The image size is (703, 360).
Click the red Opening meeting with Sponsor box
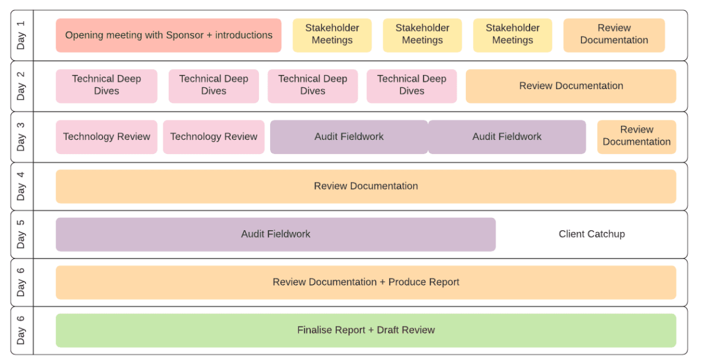point(168,35)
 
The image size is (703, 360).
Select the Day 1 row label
point(21,35)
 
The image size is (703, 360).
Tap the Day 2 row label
point(21,86)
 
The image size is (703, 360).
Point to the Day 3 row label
point(21,136)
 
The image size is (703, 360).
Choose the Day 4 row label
point(21,186)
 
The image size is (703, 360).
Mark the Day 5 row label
point(21,234)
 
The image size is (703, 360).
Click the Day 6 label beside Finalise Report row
point(21,330)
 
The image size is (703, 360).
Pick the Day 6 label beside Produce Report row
point(21,282)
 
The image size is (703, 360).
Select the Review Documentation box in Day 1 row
point(614,34)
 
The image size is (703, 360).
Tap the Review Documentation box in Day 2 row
point(571,86)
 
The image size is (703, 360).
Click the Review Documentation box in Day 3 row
point(636,136)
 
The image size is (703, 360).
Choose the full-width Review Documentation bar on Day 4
point(366,186)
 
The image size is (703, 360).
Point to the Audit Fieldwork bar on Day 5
point(275,234)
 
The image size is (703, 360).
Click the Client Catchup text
point(592,234)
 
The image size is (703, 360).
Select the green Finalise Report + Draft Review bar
point(366,330)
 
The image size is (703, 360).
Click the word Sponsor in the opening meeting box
point(185,35)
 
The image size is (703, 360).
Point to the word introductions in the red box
point(244,35)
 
